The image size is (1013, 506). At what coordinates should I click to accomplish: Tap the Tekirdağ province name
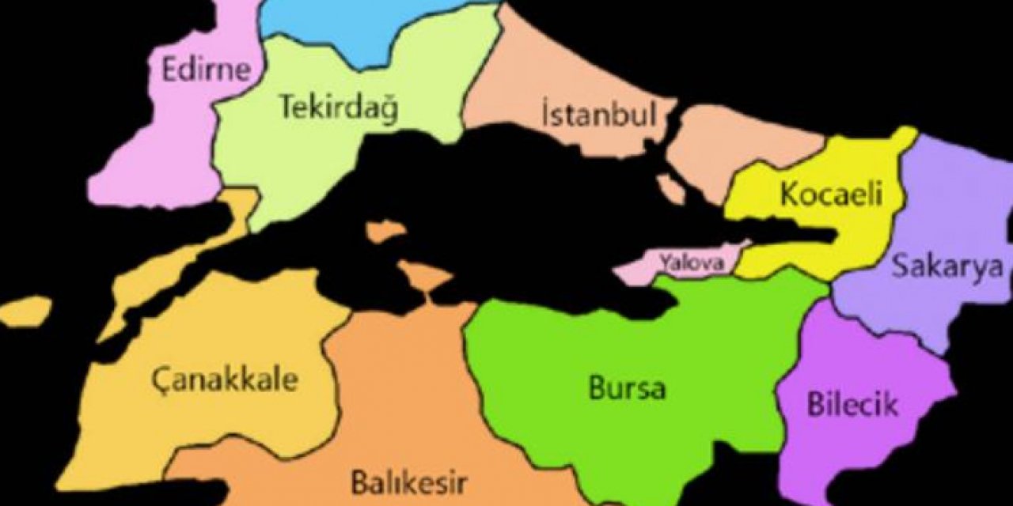coord(336,107)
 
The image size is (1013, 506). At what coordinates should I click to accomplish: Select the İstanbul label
coord(599,115)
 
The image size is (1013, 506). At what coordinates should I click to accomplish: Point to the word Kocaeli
coord(831,194)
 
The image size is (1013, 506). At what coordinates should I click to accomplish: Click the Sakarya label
coord(947,266)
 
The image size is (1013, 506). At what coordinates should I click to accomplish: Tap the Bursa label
coord(627,388)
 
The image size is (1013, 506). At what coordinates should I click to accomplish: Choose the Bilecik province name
coord(853,404)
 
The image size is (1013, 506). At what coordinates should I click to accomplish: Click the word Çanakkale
coord(225,379)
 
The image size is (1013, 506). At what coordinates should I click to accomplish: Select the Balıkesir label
coord(409,481)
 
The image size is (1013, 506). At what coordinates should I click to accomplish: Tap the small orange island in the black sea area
coord(385,232)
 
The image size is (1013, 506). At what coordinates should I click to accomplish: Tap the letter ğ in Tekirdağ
coord(387,110)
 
